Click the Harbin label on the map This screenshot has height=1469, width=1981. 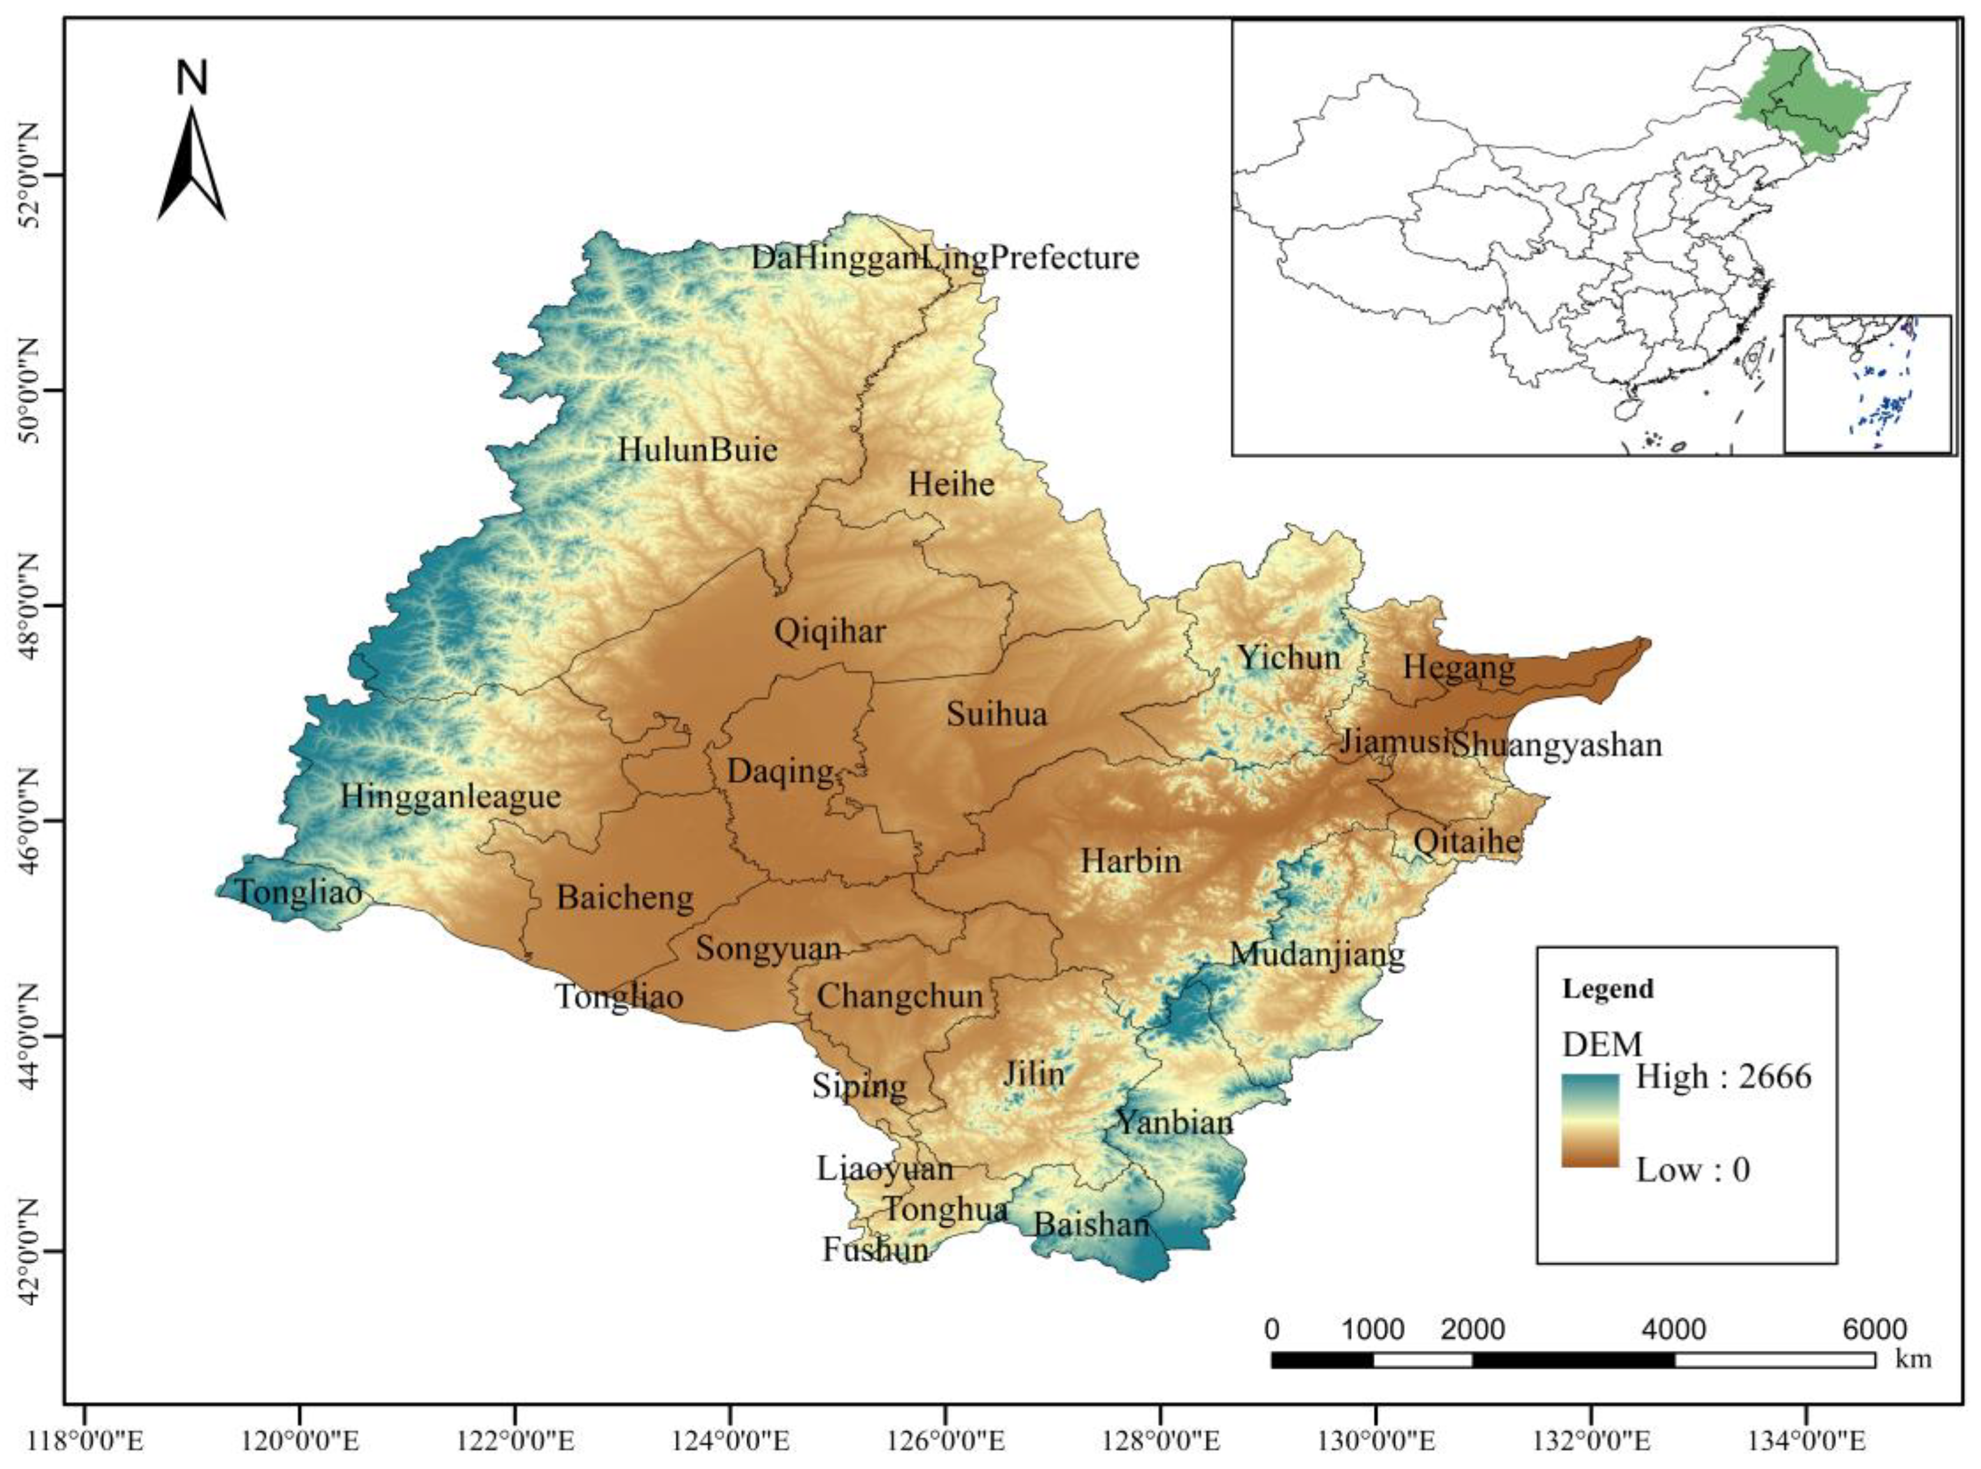coord(1130,861)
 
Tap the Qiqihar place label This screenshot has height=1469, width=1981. coord(830,632)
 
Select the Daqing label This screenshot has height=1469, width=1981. coord(780,771)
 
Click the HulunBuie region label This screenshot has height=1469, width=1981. coord(697,449)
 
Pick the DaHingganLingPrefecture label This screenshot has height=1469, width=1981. coord(944,258)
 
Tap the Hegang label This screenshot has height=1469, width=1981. coord(1458,667)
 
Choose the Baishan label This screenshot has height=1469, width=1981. coord(1091,1225)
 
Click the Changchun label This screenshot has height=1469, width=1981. coord(899,996)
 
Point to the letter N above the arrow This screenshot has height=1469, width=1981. coord(191,78)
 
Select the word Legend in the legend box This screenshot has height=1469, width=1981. coord(1607,989)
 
